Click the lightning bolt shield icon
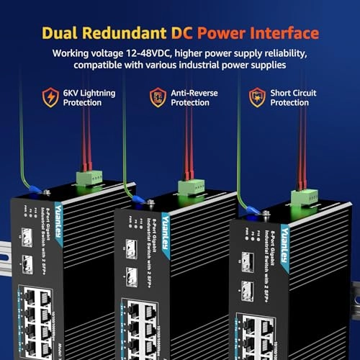50,96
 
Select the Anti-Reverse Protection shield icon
157,97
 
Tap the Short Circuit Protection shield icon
256,96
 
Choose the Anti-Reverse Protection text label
193,97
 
